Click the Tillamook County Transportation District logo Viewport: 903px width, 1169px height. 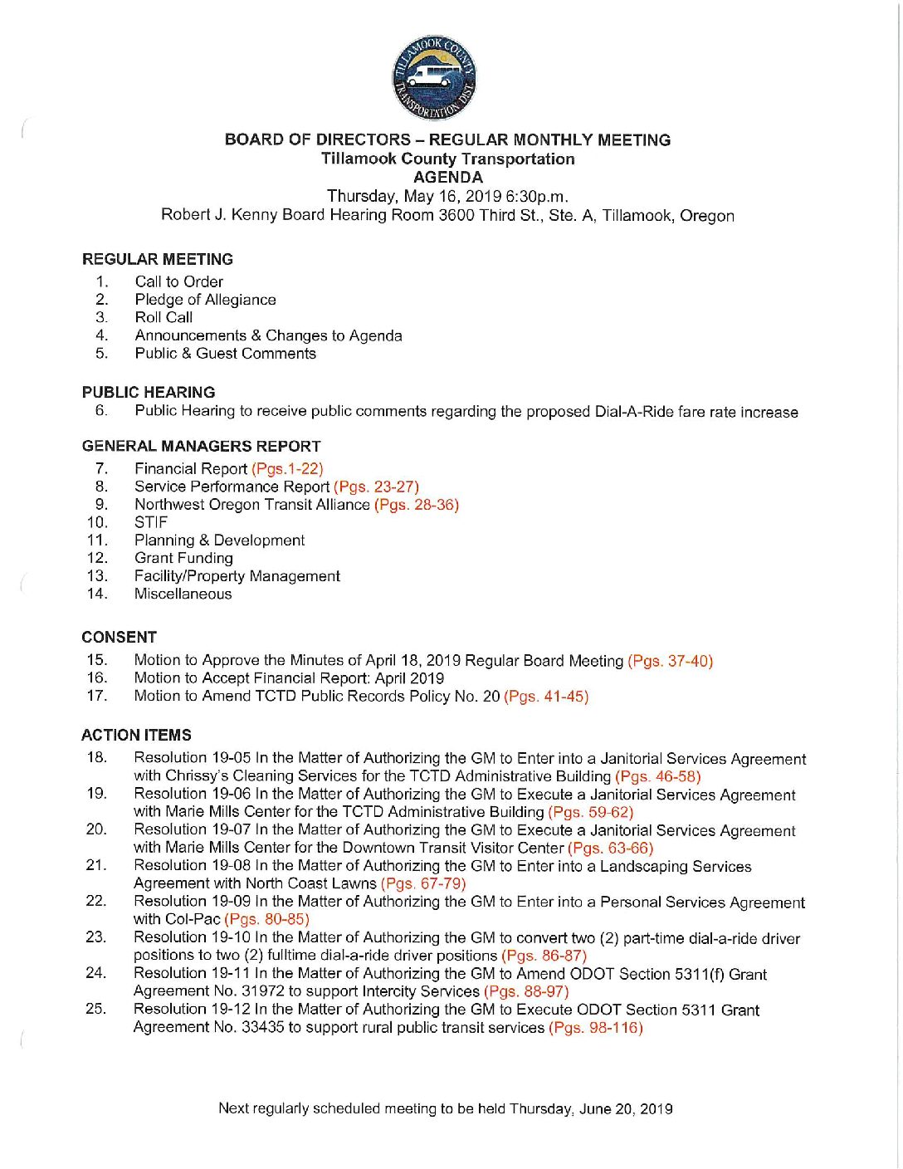coord(434,78)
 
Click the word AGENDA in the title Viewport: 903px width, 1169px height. coord(447,177)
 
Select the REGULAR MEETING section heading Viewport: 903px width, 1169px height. coord(158,259)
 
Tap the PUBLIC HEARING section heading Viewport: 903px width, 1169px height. coord(149,392)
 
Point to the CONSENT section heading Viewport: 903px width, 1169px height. coord(119,637)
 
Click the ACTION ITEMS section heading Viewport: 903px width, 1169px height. coord(136,735)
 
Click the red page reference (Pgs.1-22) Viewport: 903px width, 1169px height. coord(287,469)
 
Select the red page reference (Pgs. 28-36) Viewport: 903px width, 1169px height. coord(417,505)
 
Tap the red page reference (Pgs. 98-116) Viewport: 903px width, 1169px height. coord(595,1028)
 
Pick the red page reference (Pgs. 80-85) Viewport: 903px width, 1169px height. coord(266,919)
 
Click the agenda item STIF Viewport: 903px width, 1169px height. coord(151,522)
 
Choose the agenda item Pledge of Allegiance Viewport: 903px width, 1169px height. coord(205,300)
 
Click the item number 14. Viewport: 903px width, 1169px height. coord(96,594)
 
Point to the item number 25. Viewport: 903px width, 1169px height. coord(95,1009)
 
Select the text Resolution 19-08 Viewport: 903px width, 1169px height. coord(192,866)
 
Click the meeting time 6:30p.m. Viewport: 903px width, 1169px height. coord(536,197)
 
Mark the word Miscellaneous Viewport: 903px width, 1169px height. coord(183,594)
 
